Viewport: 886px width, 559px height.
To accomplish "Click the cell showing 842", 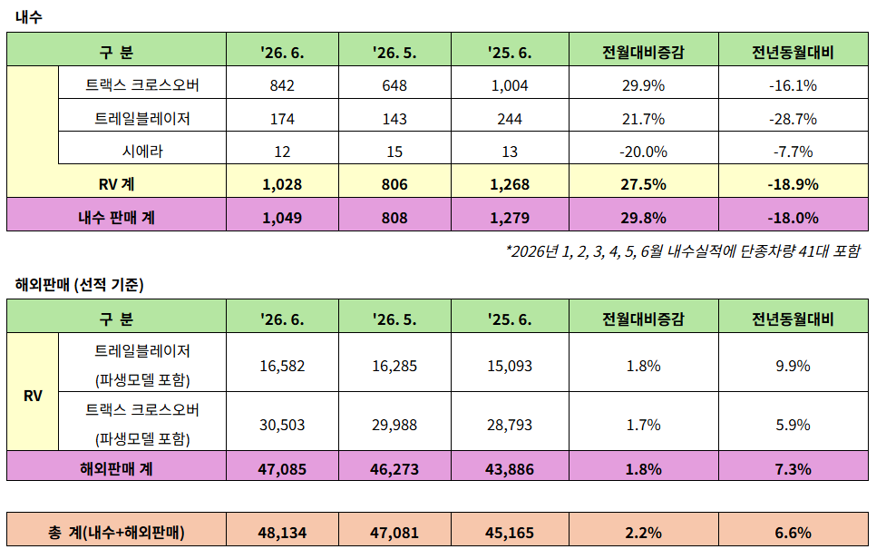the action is tap(282, 85).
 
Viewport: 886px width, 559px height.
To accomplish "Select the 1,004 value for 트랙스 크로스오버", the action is tap(510, 85).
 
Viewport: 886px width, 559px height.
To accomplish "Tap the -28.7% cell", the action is tap(793, 119).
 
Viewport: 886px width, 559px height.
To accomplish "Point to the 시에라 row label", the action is tap(142, 151).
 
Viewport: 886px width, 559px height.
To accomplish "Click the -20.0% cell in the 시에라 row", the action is tap(643, 152).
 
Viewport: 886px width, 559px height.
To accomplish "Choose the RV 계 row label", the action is tap(116, 184).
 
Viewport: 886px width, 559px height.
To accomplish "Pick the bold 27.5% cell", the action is tap(643, 184).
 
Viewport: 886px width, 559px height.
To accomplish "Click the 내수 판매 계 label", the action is tap(116, 218).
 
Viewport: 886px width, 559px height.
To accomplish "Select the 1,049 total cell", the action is tap(282, 218).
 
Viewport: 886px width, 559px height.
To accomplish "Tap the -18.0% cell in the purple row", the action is tap(793, 218).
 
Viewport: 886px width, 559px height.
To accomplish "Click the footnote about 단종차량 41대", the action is tap(683, 251).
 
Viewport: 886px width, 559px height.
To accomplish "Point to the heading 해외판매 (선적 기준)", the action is tap(80, 284).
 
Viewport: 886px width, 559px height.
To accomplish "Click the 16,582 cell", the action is tap(282, 366).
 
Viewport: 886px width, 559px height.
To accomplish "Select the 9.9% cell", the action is tap(793, 366).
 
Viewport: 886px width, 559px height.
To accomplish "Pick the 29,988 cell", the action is tap(394, 425).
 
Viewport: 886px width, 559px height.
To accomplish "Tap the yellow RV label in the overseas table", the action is tap(33, 396).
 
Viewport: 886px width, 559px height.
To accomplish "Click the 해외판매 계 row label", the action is tap(116, 468).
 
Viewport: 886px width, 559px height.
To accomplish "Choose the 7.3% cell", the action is tap(793, 469).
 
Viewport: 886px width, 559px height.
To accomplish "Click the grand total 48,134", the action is tap(282, 533).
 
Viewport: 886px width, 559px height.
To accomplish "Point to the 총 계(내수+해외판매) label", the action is tap(116, 532).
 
